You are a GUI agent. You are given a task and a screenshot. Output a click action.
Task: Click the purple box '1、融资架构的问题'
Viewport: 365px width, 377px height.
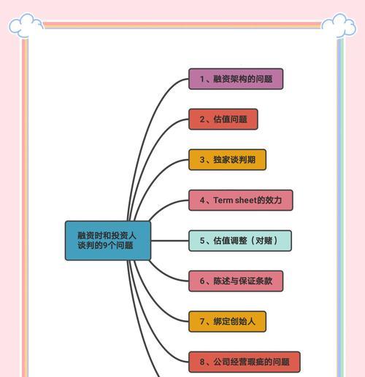pyautogui.click(x=236, y=79)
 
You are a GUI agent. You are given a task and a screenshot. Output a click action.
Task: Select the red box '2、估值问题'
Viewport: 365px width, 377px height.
pyautogui.click(x=223, y=119)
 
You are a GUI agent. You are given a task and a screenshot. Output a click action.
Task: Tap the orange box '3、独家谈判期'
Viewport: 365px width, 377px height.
pyautogui.click(x=227, y=160)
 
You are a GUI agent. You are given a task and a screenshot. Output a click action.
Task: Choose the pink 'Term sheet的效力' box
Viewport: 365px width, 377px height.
pyautogui.click(x=241, y=200)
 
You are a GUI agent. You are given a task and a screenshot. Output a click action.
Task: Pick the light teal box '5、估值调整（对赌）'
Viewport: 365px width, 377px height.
pyautogui.click(x=240, y=241)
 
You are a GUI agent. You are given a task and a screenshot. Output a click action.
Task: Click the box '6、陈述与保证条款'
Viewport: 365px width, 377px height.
pyautogui.click(x=236, y=281)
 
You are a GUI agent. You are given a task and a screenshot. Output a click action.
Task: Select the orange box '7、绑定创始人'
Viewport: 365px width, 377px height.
pyautogui.click(x=227, y=322)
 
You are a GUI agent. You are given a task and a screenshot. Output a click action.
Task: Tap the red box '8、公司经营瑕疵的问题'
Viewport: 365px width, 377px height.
pyautogui.click(x=245, y=362)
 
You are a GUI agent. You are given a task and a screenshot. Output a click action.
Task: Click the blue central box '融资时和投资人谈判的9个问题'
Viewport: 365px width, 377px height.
pyautogui.click(x=108, y=241)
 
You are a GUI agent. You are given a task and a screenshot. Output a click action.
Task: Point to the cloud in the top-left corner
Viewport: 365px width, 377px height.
pyautogui.click(x=26, y=26)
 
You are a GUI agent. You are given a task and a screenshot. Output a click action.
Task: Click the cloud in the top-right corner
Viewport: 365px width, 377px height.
pyautogui.click(x=339, y=26)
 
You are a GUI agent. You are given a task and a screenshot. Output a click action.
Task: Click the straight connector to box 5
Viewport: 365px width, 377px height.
pyautogui.click(x=170, y=241)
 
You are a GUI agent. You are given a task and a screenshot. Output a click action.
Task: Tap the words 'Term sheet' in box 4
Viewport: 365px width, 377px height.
pyautogui.click(x=235, y=200)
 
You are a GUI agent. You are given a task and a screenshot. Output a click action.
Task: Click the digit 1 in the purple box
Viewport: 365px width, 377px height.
pyautogui.click(x=202, y=79)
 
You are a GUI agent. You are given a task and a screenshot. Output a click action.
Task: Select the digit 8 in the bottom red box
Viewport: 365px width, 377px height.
pyautogui.click(x=202, y=362)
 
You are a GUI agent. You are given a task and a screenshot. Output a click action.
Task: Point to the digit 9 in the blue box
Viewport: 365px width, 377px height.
pyautogui.click(x=105, y=245)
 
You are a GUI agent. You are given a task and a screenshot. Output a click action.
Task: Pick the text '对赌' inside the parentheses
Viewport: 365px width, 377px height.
pyautogui.click(x=264, y=241)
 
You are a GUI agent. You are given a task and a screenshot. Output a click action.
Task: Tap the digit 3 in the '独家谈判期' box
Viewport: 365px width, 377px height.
pyautogui.click(x=202, y=160)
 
